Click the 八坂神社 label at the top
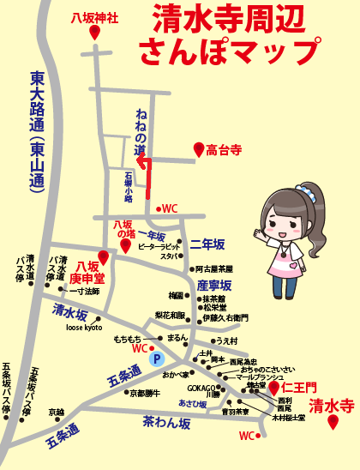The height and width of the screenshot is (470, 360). tap(95, 15)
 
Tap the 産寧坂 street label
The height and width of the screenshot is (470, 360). tap(213, 285)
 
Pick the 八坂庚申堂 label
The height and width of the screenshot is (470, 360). tap(87, 272)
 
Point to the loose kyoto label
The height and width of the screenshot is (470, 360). tap(83, 328)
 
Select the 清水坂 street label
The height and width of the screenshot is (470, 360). tap(71, 310)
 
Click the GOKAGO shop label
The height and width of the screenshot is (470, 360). tap(202, 388)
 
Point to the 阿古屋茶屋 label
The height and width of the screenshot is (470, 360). tap(213, 268)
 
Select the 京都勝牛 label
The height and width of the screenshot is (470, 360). tap(144, 393)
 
